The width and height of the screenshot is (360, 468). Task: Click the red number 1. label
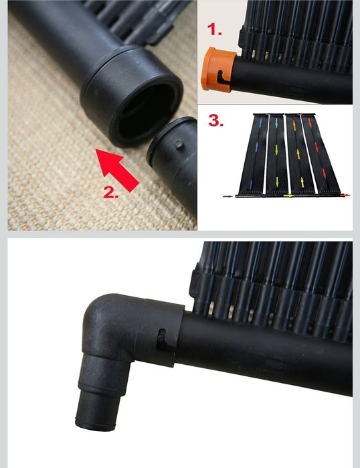(214, 29)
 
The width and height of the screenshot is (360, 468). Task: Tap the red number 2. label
(110, 193)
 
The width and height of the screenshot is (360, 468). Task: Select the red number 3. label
(215, 121)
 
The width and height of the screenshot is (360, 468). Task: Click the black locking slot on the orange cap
(223, 78)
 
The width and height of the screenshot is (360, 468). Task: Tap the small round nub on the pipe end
(179, 145)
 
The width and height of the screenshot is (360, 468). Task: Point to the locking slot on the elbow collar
(163, 340)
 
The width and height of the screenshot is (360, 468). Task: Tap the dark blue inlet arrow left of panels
(228, 196)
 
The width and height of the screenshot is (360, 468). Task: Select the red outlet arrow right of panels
(345, 196)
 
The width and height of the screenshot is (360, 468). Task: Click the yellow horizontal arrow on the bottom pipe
(288, 196)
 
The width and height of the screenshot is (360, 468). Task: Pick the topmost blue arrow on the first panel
(261, 123)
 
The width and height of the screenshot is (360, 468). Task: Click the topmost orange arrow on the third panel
(294, 125)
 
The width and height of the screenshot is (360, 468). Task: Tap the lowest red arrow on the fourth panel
(325, 173)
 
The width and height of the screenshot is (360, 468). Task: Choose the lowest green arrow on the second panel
(277, 181)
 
